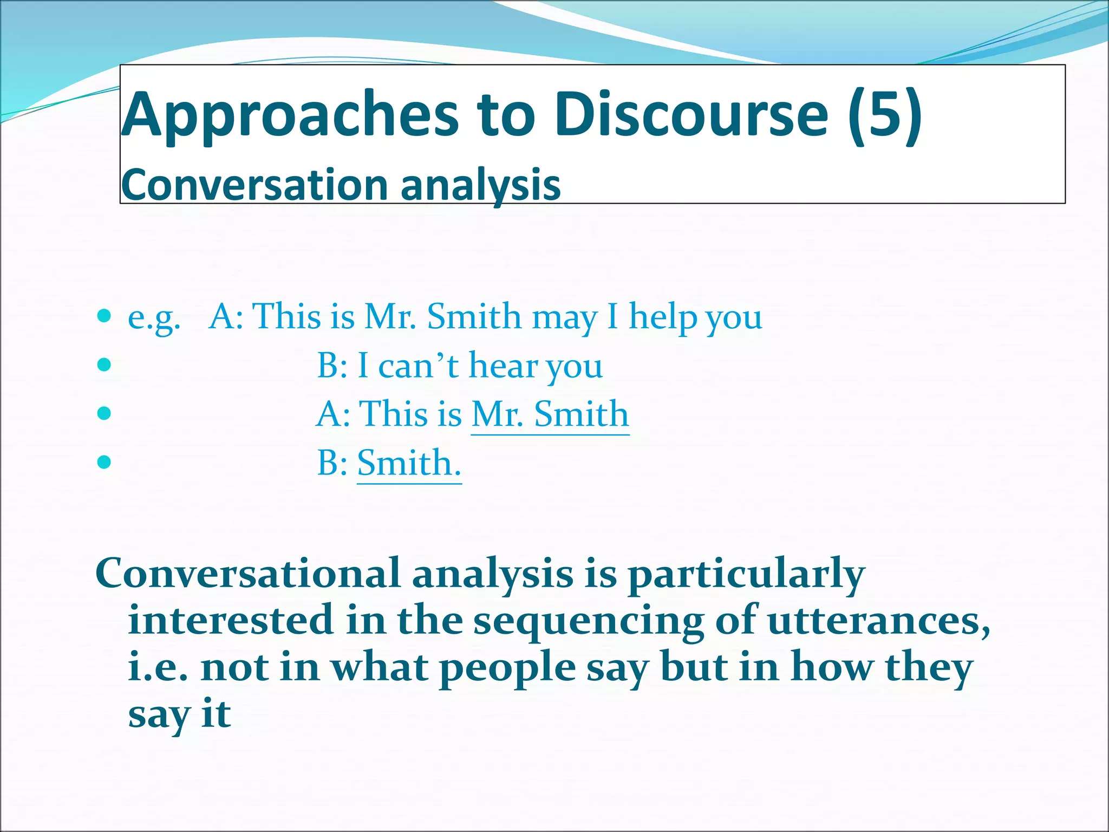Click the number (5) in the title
pos(885,115)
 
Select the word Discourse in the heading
pos(691,115)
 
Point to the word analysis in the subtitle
pos(480,185)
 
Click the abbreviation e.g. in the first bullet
pos(154,317)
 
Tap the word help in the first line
pos(662,317)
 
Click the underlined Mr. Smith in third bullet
pos(550,414)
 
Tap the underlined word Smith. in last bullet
pos(409,463)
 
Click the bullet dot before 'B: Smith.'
pos(104,462)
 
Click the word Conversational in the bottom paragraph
pos(247,573)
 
